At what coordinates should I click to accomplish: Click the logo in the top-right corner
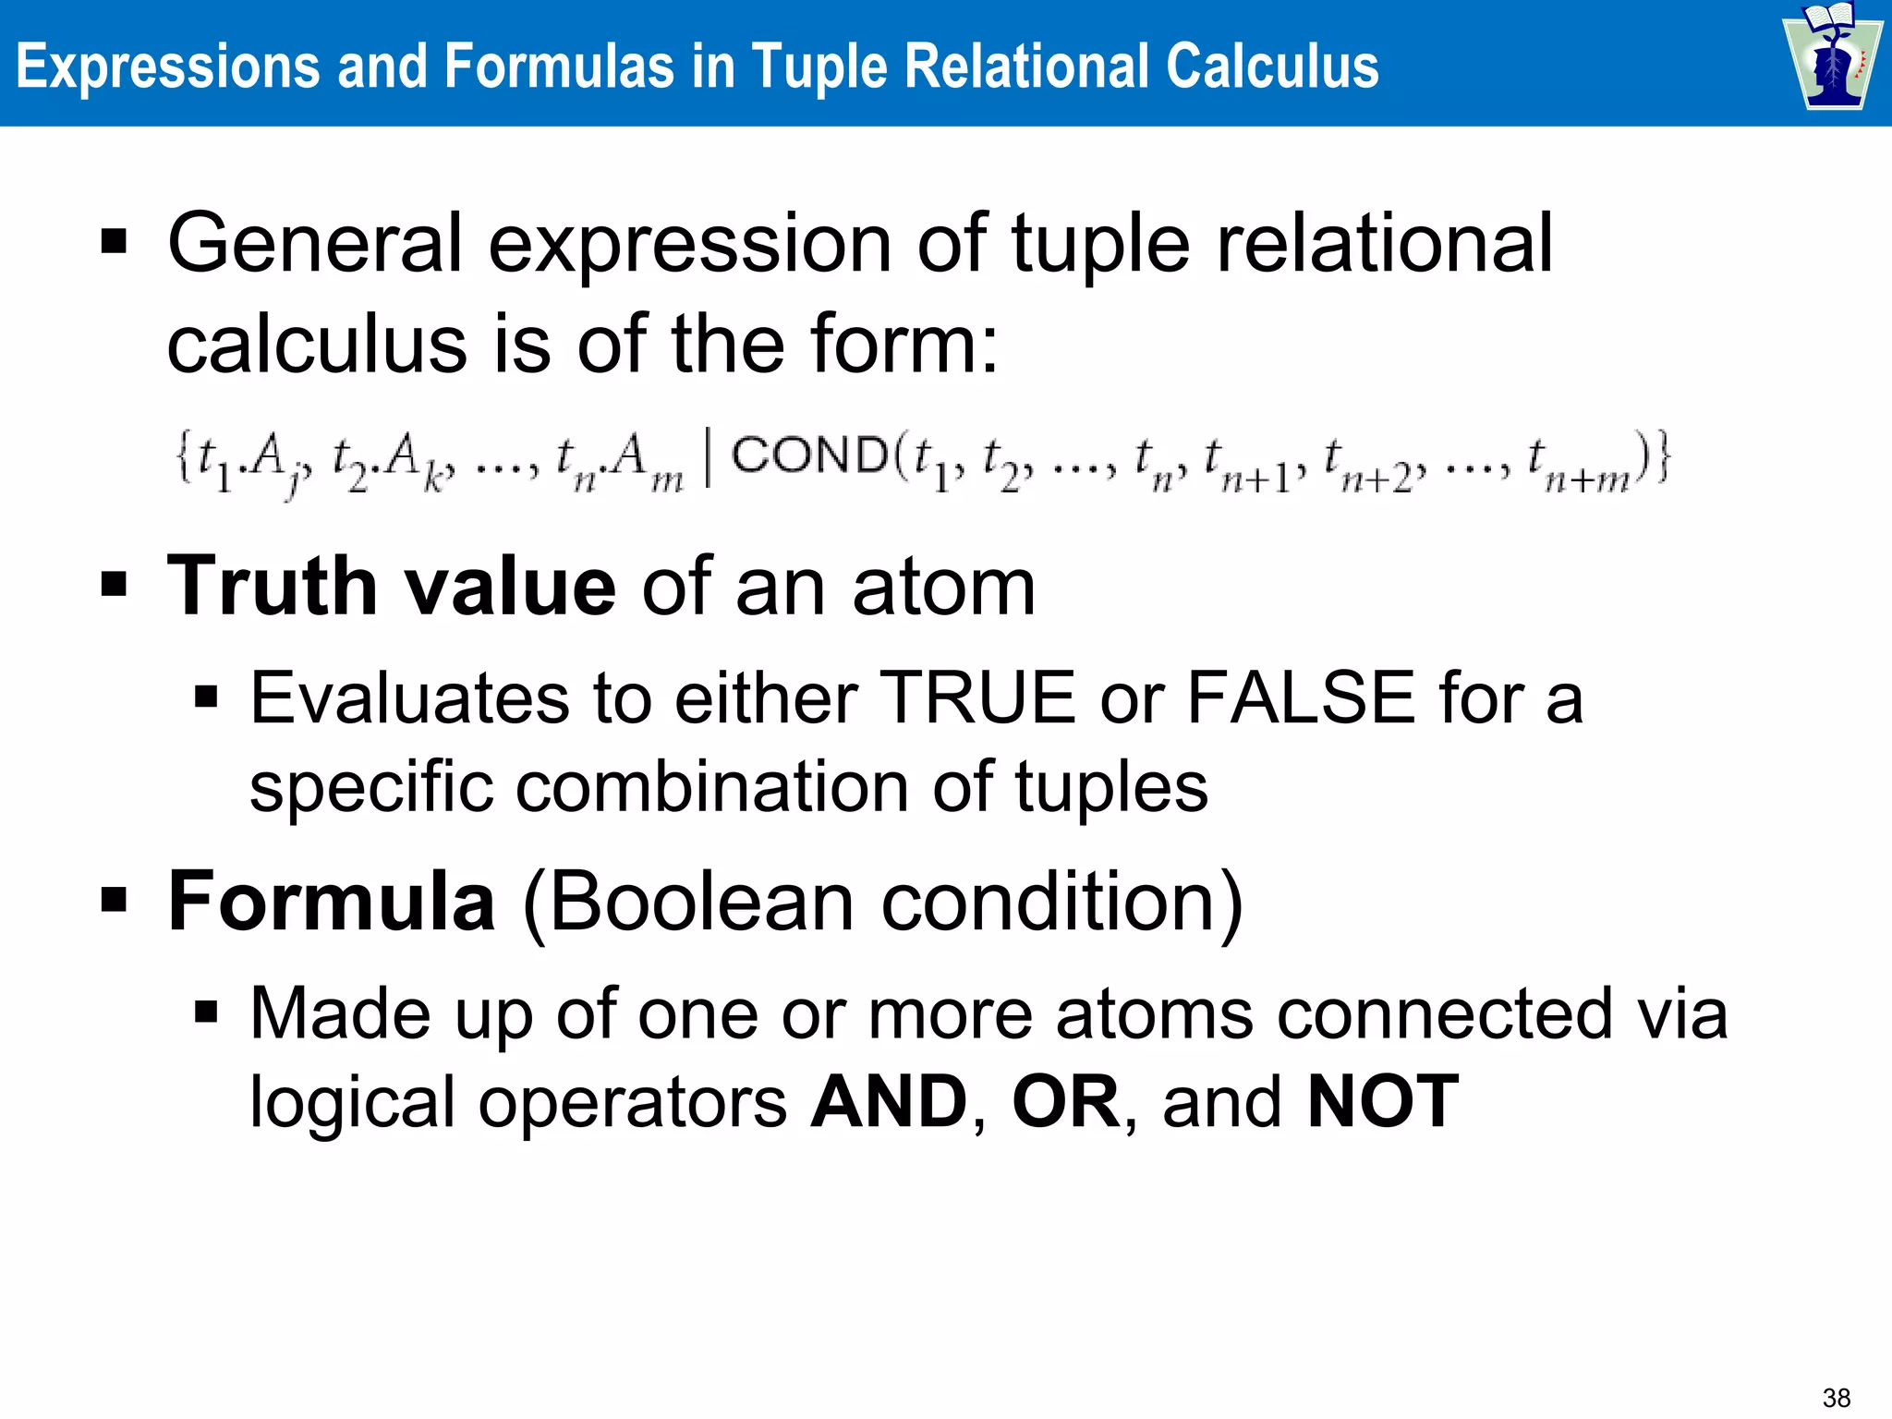coord(1832,57)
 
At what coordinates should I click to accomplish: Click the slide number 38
coord(1837,1398)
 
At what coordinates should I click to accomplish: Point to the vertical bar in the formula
coord(708,458)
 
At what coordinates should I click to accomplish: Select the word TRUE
coord(977,698)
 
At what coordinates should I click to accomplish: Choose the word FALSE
coord(1301,698)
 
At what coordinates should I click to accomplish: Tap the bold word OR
coord(1066,1101)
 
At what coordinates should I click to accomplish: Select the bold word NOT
coord(1383,1101)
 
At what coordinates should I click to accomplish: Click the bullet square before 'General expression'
coord(114,243)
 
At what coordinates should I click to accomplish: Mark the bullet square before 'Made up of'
coord(206,1013)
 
